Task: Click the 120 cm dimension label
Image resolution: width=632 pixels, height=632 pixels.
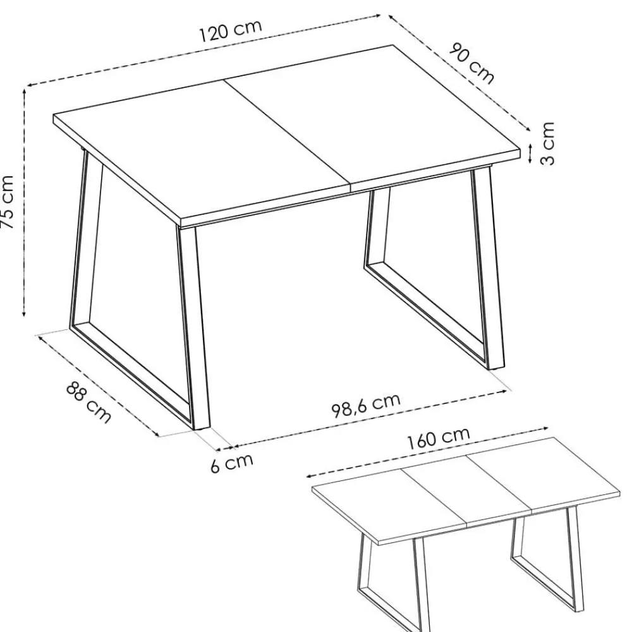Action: tap(231, 30)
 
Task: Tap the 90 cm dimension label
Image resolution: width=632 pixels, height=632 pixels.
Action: tap(471, 63)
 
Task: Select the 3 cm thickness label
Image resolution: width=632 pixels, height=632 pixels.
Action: tap(547, 143)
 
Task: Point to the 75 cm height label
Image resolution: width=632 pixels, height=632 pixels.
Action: tap(8, 202)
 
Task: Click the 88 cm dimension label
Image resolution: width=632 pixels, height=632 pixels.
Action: tap(88, 403)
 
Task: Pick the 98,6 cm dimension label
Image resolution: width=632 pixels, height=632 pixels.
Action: tap(366, 405)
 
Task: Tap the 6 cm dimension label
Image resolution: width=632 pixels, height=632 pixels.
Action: tap(232, 463)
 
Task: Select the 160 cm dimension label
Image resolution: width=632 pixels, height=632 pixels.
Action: tap(439, 438)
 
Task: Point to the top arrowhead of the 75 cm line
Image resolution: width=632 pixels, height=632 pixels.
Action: tap(24, 92)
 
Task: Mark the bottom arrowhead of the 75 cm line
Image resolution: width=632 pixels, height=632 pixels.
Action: tap(24, 313)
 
